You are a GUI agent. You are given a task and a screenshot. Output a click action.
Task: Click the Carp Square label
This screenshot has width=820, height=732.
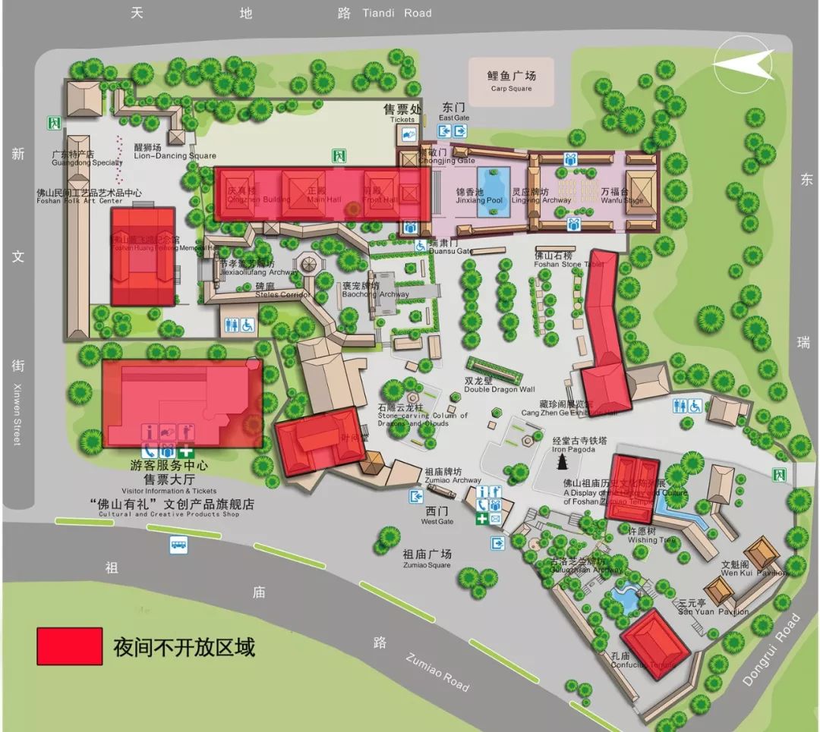(511, 82)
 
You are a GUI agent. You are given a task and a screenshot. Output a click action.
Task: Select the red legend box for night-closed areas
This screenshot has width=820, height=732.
(69, 646)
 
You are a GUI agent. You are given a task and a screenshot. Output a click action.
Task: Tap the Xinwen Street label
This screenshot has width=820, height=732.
(17, 413)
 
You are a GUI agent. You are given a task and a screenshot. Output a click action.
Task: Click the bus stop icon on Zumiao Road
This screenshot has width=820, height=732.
(178, 543)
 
